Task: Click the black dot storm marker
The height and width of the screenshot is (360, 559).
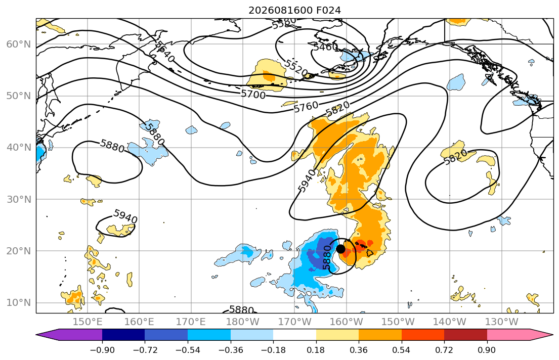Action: click(x=340, y=249)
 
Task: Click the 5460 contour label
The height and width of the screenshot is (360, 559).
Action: click(x=325, y=47)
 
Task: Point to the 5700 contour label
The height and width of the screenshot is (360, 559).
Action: click(x=253, y=95)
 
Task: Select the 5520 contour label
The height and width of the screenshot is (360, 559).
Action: click(x=295, y=68)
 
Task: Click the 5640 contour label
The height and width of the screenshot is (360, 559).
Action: click(x=165, y=52)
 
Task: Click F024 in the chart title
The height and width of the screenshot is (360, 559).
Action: click(x=328, y=10)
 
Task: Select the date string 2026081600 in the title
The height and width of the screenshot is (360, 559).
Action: click(x=280, y=10)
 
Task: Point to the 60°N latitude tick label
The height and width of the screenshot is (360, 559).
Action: click(x=19, y=44)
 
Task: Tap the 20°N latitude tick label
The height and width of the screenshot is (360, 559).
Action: click(x=19, y=251)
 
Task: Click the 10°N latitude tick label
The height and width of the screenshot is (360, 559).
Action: click(x=19, y=303)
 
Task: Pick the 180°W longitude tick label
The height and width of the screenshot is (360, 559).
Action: click(x=243, y=322)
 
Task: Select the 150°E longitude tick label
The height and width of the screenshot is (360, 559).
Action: click(x=88, y=322)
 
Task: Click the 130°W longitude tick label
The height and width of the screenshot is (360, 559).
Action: click(x=502, y=322)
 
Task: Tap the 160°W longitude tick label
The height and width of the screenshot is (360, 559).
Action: click(x=347, y=322)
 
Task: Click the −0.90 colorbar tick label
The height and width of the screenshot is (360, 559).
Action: click(x=102, y=350)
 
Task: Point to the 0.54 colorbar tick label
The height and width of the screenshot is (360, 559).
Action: click(x=402, y=350)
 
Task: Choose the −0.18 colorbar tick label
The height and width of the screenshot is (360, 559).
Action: click(x=274, y=350)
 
